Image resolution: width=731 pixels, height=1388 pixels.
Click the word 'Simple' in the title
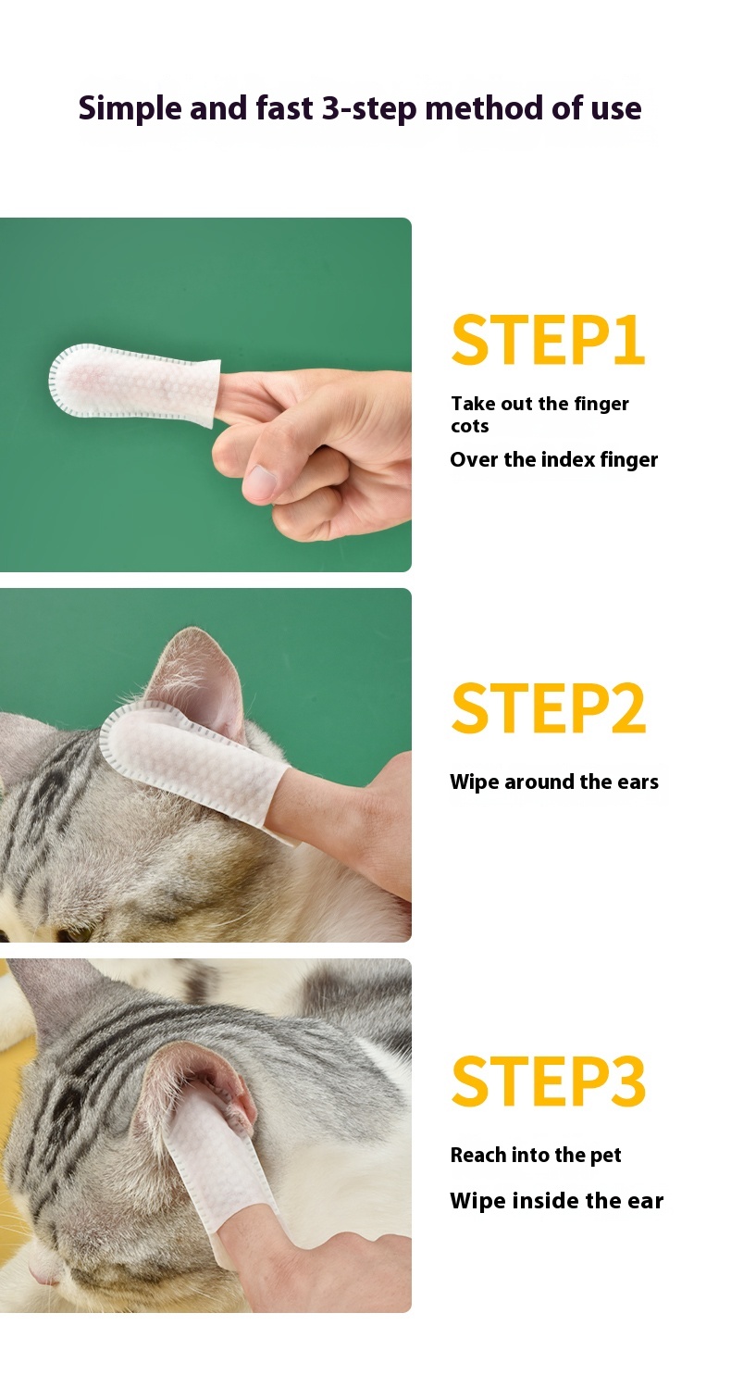(130, 109)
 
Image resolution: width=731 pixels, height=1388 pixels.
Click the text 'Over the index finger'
(553, 460)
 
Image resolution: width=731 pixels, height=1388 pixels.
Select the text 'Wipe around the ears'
(554, 782)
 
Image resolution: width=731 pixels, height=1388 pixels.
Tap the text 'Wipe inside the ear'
(556, 1201)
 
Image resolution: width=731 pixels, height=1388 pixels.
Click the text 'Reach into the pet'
(536, 1155)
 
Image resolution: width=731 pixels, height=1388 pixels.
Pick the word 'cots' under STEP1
(469, 426)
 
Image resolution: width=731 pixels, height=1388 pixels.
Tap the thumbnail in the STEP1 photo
(261, 481)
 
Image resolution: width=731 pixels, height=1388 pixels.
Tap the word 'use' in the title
(615, 109)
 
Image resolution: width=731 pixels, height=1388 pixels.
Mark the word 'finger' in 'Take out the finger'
(601, 404)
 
